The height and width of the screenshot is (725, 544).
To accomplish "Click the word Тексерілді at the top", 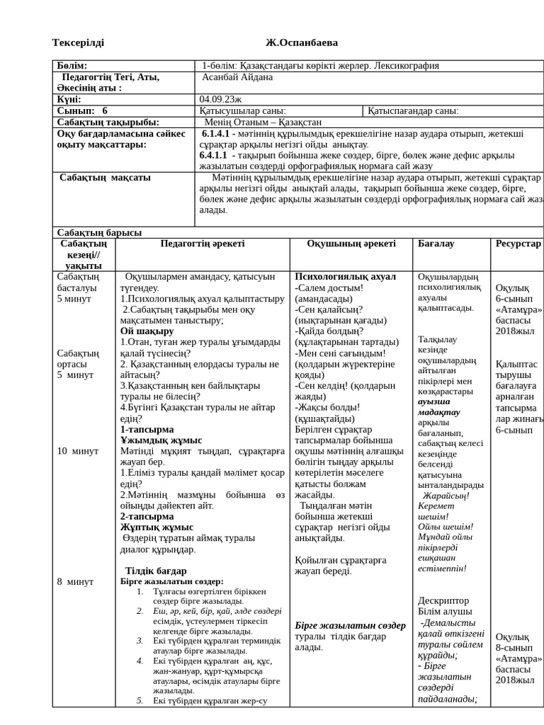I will click(78, 43).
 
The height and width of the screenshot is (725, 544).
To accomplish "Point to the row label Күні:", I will click(69, 99).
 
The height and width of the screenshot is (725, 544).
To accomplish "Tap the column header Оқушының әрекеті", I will click(351, 244).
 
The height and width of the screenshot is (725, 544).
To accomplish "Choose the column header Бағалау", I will click(436, 244).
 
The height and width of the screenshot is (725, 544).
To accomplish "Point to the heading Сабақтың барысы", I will click(99, 232).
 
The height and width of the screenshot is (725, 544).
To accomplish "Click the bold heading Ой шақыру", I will click(147, 331).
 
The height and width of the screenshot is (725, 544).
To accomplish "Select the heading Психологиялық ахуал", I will click(346, 276).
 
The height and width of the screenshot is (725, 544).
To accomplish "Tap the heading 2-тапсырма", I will click(147, 516).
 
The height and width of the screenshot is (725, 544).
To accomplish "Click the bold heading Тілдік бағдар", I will click(156, 571).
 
